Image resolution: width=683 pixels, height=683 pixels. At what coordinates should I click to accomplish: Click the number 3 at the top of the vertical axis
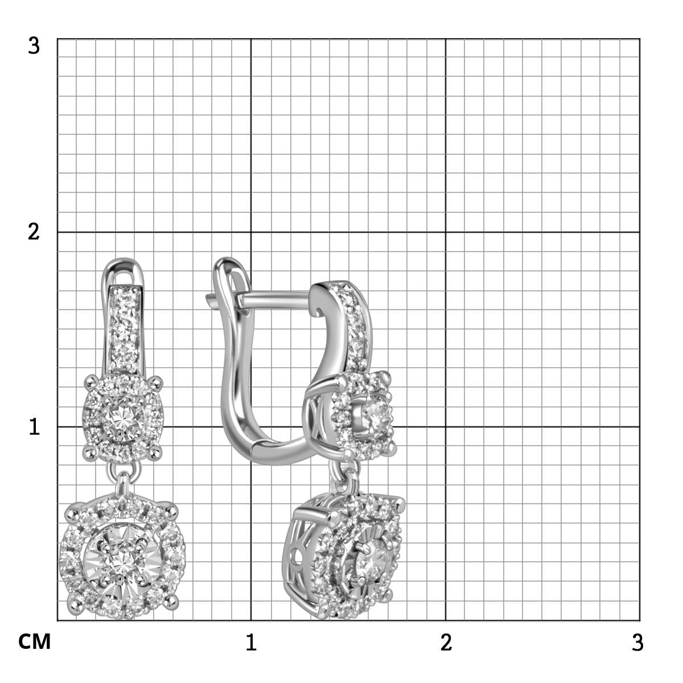tap(34, 46)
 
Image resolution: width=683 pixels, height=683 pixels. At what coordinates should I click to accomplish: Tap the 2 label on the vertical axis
tap(34, 232)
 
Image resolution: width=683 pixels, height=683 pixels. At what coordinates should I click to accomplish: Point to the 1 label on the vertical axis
tap(34, 426)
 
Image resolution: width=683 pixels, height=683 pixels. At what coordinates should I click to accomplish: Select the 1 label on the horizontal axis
tap(251, 642)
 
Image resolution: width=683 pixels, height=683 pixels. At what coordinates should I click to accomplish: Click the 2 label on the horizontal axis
tap(446, 642)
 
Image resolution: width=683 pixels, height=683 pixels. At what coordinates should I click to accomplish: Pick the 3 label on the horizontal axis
tap(637, 642)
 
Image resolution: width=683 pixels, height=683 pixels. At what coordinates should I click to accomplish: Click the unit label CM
tap(34, 642)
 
